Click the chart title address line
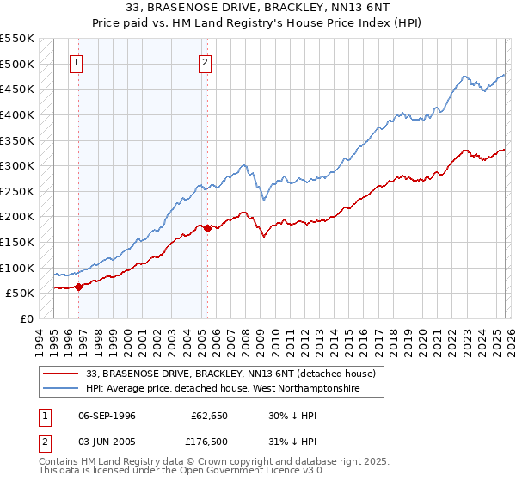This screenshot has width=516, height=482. coord(258,9)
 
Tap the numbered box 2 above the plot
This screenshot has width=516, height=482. coord(206,62)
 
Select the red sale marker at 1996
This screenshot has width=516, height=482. coord(78,287)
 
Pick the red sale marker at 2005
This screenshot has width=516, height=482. coord(207,228)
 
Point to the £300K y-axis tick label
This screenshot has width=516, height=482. coord(17,165)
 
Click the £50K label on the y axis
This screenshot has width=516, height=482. coord(21,293)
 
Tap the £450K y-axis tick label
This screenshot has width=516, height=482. coord(17,89)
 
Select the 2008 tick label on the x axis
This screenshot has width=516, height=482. coord(247,341)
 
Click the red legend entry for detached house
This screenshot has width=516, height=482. coord(230,374)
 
